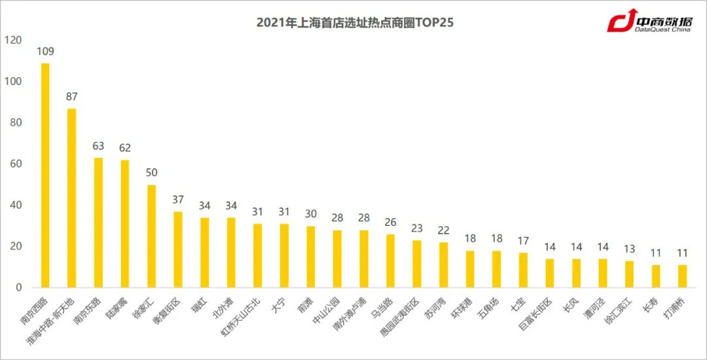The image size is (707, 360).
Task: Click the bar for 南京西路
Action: click(45, 175)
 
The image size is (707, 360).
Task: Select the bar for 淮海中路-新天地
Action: click(72, 198)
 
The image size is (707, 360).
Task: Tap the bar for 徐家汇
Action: click(151, 236)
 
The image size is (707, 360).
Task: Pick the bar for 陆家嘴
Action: click(125, 223)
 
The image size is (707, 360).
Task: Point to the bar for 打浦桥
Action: click(682, 276)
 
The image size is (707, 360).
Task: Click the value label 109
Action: click(45, 51)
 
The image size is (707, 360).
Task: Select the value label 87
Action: click(72, 96)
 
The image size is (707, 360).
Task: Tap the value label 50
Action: click(151, 173)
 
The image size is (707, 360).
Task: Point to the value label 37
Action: click(178, 200)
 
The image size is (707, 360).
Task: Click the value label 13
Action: click(629, 249)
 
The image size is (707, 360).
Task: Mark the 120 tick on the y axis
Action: click(13, 41)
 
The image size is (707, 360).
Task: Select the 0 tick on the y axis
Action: click(19, 287)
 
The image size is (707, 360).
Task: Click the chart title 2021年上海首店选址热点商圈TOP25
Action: click(355, 23)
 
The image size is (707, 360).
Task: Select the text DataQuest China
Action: click(664, 29)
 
